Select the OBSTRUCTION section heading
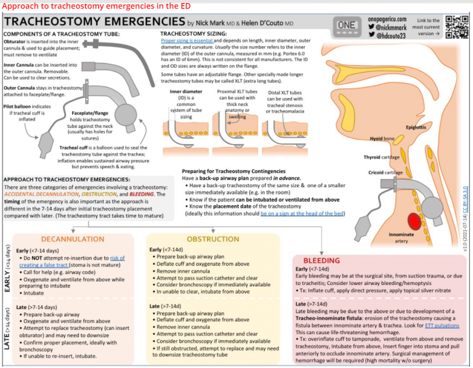click(212, 239)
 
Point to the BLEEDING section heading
click(321, 260)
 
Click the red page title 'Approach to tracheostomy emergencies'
click(95, 6)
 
